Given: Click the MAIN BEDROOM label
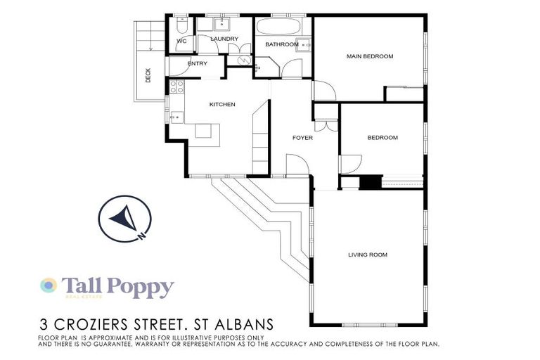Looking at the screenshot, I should [x=369, y=56].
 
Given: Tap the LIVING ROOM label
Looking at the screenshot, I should [x=368, y=255].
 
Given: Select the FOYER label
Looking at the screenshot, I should [x=302, y=138].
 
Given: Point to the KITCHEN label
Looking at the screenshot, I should [x=222, y=105].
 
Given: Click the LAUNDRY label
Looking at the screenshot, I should [x=224, y=39].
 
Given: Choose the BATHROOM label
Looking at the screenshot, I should [x=281, y=45].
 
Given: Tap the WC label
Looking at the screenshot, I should [x=181, y=41].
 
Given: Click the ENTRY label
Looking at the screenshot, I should [x=198, y=64].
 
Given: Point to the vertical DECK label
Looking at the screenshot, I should [x=148, y=75].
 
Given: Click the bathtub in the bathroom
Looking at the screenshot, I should [x=279, y=28].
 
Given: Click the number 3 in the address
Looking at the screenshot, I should [x=44, y=326].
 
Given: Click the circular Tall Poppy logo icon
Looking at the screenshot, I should [x=48, y=285].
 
